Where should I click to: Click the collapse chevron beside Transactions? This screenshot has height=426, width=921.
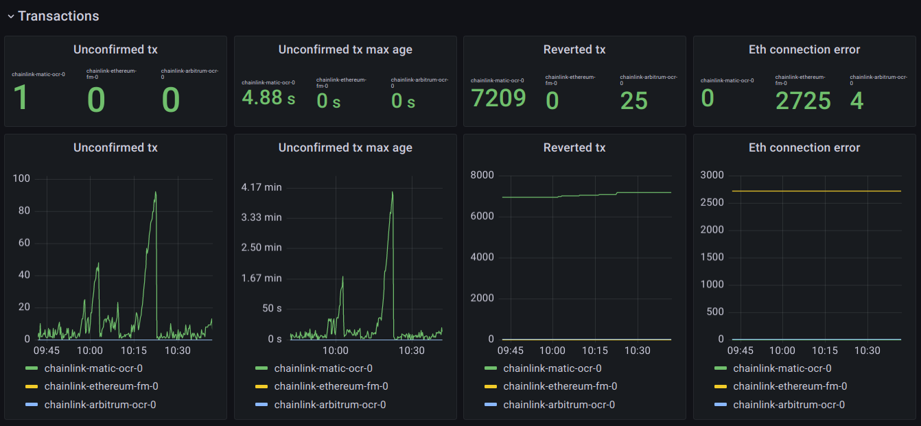[11, 16]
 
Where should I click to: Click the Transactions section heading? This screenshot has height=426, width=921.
[58, 16]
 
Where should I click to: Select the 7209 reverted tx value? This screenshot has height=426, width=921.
[498, 98]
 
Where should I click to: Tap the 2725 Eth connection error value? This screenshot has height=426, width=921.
[803, 101]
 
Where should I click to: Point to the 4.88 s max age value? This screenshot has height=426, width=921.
[268, 97]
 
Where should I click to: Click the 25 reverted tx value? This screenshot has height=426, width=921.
[633, 101]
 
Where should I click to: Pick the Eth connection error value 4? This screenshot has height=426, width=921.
[856, 101]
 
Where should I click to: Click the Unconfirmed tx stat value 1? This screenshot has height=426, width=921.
[21, 98]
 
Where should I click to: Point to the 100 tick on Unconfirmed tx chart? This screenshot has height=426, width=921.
[21, 179]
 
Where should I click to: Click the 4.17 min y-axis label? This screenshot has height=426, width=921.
[262, 187]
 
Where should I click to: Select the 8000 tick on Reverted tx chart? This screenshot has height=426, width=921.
[482, 176]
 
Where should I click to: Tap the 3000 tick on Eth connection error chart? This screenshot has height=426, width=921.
[712, 176]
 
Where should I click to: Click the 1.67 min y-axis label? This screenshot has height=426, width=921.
[262, 278]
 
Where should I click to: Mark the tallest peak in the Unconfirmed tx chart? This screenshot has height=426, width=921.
[156, 192]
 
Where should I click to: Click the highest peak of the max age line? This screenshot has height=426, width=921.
[392, 192]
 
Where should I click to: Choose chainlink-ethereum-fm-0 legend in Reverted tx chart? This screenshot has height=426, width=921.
[560, 386]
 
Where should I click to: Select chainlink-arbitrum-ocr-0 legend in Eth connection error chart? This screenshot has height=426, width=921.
[789, 405]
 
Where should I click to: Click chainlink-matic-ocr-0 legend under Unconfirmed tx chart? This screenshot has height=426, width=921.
[93, 368]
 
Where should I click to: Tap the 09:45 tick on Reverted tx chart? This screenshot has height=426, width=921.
[510, 351]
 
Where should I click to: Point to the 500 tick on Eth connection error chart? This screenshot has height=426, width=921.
[714, 312]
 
